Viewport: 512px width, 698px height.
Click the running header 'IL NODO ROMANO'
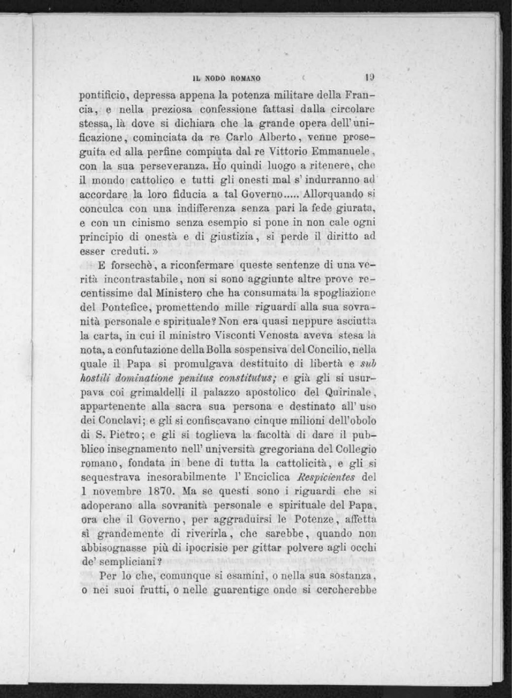click(227, 78)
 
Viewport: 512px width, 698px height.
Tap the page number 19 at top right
click(370, 77)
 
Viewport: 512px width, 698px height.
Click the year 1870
click(158, 491)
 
